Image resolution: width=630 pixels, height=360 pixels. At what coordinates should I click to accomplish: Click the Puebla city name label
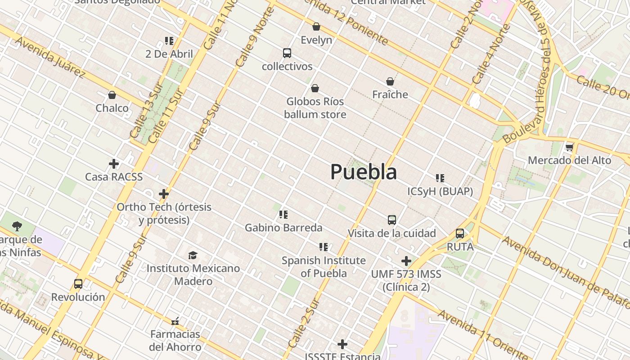click(x=364, y=172)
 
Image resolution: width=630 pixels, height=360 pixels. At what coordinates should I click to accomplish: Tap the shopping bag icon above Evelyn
click(x=316, y=27)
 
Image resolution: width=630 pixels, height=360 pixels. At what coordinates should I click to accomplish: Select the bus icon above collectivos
click(x=287, y=53)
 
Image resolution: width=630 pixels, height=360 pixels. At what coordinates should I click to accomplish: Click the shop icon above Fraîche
click(x=390, y=81)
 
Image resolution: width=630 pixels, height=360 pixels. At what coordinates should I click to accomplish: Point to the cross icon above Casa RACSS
click(x=114, y=164)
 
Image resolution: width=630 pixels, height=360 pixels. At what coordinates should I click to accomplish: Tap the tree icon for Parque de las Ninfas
click(x=17, y=226)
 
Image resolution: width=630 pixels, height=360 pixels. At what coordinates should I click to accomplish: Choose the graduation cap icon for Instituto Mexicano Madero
click(x=193, y=255)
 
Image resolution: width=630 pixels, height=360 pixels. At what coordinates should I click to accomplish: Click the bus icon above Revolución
click(x=78, y=284)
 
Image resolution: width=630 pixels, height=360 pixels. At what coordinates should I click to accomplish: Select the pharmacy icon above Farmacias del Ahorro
click(x=175, y=321)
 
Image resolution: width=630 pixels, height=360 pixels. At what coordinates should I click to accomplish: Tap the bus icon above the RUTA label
click(x=460, y=234)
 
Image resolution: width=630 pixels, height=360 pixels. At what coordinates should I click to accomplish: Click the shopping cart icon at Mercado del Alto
click(x=570, y=147)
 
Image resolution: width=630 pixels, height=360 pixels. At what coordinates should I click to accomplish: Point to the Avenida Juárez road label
click(x=50, y=57)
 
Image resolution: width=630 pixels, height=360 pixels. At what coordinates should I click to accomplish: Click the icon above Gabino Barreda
click(x=283, y=214)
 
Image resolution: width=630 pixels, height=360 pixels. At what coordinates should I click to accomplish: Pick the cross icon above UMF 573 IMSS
click(x=406, y=261)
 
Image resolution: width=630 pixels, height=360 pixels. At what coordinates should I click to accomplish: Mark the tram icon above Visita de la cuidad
click(x=392, y=220)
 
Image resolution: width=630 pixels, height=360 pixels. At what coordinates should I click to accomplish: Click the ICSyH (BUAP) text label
click(x=440, y=192)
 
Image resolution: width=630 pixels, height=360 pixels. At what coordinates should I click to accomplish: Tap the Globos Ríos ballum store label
click(x=315, y=108)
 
